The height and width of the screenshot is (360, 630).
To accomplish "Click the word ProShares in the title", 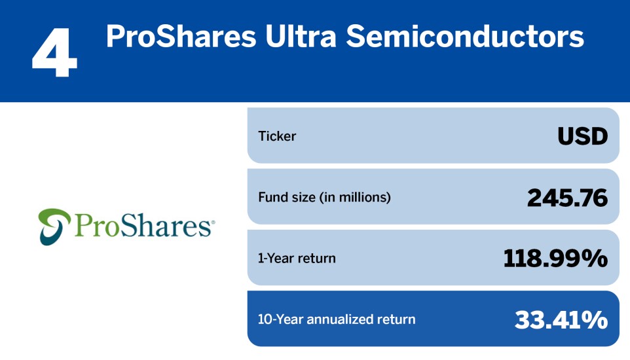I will [180, 36].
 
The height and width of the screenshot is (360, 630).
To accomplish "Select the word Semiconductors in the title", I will [466, 36].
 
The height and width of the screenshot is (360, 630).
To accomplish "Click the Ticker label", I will [277, 137].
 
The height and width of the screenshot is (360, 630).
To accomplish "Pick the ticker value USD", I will [582, 136].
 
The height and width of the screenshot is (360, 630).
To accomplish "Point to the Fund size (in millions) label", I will [324, 197].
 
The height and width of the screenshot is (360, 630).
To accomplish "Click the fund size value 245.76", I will [567, 197].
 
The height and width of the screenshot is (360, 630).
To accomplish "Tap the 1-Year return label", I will [297, 258].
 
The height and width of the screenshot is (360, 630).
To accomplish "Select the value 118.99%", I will [555, 259].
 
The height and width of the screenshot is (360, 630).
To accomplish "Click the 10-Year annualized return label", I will [337, 319].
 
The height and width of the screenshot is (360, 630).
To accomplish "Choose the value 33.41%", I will [561, 319].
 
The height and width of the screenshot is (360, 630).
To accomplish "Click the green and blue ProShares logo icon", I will [53, 226].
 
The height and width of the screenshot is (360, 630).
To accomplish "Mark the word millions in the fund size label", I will [367, 197].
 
